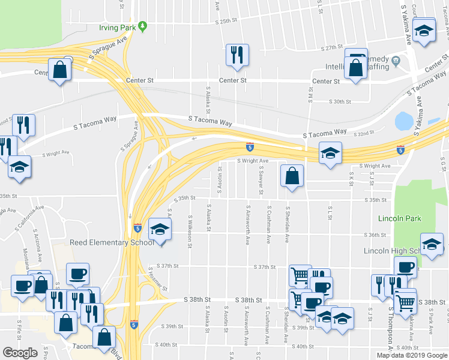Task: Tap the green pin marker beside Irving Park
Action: [143, 26]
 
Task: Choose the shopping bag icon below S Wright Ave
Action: [291, 176]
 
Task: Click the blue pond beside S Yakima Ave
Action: [402, 122]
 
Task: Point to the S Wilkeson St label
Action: [190, 229]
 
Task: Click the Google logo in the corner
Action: [20, 352]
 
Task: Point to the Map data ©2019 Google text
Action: [411, 355]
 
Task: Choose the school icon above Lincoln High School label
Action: [432, 244]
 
